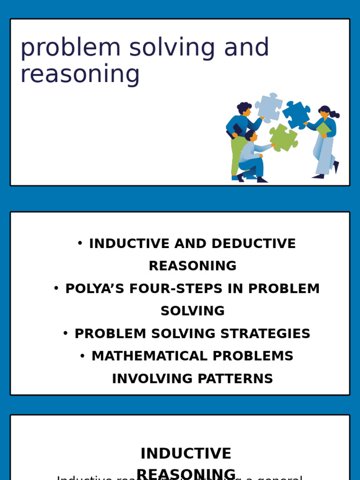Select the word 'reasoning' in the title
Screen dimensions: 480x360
click(x=80, y=75)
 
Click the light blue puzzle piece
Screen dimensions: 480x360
click(x=269, y=108)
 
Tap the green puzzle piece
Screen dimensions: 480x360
click(x=283, y=138)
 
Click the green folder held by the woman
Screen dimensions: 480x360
click(x=323, y=128)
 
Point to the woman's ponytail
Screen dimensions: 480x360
click(x=335, y=114)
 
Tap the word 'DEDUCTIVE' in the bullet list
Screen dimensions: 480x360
click(x=254, y=244)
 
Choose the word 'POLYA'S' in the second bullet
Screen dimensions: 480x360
click(x=92, y=289)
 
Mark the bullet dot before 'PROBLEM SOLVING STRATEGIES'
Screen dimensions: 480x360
click(x=66, y=333)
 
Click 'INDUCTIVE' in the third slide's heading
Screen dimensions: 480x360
click(x=186, y=454)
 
